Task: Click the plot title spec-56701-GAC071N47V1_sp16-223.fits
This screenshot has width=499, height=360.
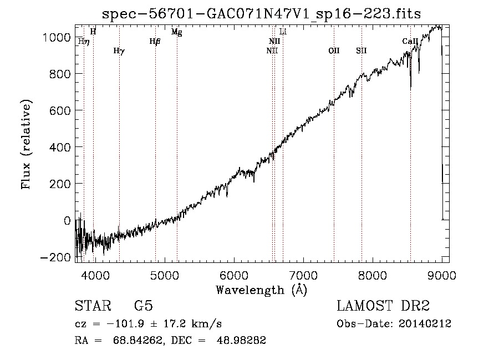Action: pos(261,14)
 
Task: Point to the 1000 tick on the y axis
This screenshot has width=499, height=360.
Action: pos(57,38)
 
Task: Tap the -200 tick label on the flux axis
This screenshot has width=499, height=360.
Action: pos(55,257)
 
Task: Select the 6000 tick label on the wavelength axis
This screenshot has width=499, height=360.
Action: pos(234,275)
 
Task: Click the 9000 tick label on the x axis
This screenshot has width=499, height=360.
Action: pos(442,275)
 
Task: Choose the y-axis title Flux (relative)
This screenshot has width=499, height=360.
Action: pos(26,144)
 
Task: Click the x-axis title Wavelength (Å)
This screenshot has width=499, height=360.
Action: pos(262,290)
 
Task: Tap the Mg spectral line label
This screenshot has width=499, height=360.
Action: pos(177,32)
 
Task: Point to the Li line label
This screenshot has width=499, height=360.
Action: pos(283,32)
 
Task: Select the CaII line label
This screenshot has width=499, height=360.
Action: pos(410,41)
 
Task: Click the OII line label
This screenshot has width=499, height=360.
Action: pos(334,50)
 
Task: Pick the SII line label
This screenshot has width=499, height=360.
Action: pos(361,50)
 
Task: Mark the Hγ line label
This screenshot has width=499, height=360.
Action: pos(119,51)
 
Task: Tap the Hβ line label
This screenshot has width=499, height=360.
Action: pos(155,42)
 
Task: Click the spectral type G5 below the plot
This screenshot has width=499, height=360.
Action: pos(144,306)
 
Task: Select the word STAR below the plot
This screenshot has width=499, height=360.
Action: pos(93,306)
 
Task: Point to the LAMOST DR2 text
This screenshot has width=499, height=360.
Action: pos(383,306)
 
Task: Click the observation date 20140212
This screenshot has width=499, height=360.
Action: pos(425,324)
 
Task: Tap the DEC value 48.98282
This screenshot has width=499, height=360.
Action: pos(241,340)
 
